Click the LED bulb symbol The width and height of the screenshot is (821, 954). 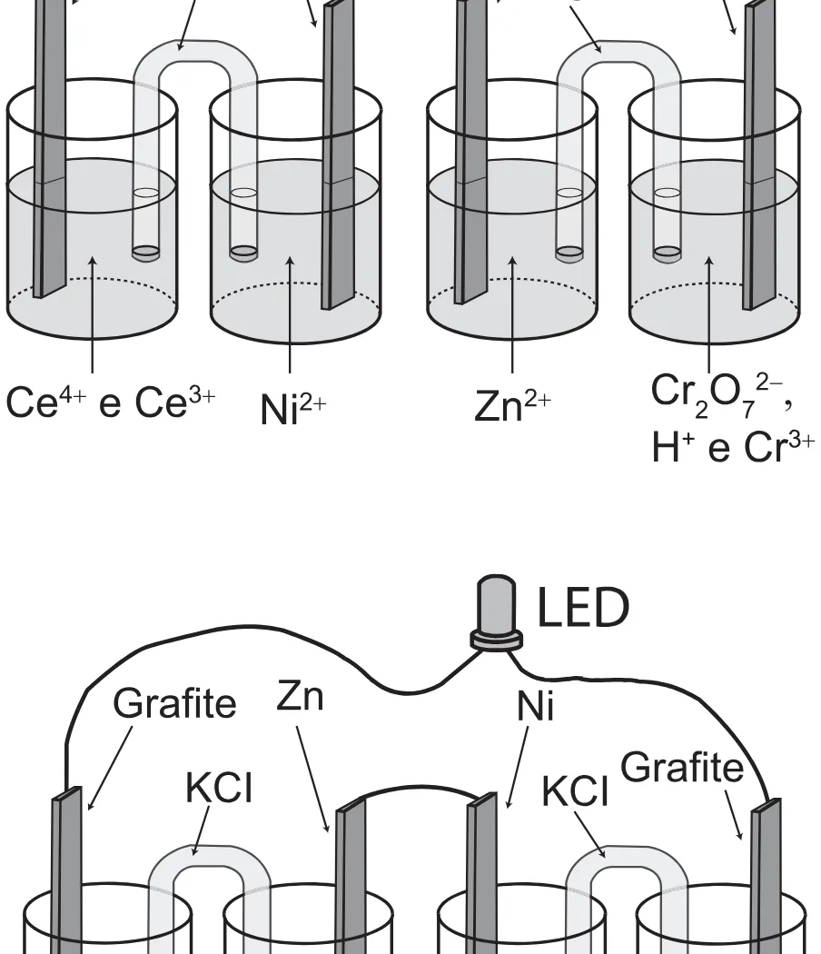[496, 612]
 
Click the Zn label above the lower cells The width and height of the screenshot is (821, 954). [300, 696]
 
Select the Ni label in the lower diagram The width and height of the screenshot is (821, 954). [535, 707]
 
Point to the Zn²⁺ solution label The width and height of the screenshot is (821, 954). [512, 405]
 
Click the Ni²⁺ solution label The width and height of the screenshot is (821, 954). [293, 408]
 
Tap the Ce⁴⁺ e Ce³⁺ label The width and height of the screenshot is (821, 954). [111, 402]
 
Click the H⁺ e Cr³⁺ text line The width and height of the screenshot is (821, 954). [733, 447]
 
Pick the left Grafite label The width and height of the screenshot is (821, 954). [174, 703]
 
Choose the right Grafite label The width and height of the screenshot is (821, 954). [682, 767]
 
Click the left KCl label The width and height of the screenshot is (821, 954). [218, 788]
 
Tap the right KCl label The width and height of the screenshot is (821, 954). [575, 791]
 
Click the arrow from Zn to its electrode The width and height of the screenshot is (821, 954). [312, 780]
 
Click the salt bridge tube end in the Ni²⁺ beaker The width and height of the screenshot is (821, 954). [244, 253]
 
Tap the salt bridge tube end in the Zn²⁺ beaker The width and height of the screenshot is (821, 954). [569, 253]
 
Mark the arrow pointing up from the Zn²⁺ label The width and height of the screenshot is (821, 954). [512, 314]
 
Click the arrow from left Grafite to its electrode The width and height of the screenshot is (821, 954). [110, 768]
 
